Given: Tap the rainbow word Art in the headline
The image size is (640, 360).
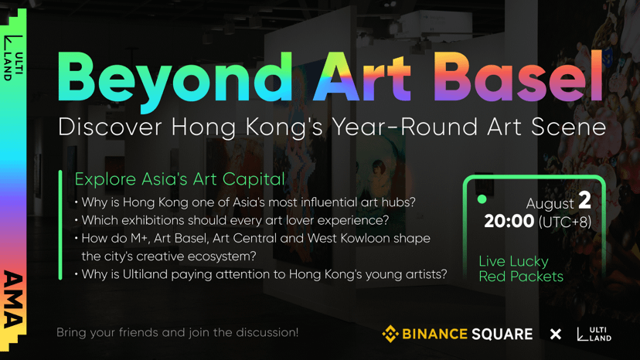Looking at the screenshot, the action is [362, 76].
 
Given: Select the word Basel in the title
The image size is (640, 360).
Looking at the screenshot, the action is [518, 76].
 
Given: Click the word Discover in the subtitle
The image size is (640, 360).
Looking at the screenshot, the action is [111, 127].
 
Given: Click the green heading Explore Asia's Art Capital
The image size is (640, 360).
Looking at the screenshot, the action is [179, 179].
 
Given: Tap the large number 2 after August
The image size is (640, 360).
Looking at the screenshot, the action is [585, 200].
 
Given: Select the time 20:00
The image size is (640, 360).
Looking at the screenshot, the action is [509, 221].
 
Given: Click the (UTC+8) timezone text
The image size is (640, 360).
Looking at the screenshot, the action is [565, 222].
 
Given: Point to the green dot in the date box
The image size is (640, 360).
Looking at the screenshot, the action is [482, 199].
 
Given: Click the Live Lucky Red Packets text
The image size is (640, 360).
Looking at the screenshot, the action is [521, 269].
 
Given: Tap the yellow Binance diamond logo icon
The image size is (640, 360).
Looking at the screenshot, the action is [390, 334].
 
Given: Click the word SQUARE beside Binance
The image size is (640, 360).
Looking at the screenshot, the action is [502, 335].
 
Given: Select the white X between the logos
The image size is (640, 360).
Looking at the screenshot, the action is [556, 335].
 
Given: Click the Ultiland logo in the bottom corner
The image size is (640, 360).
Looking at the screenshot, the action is [594, 334].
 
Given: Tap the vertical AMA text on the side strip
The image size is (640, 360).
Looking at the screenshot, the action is [13, 299].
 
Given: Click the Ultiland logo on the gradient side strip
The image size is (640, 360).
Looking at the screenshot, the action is [13, 57].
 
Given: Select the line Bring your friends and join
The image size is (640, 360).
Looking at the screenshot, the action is [177, 333].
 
